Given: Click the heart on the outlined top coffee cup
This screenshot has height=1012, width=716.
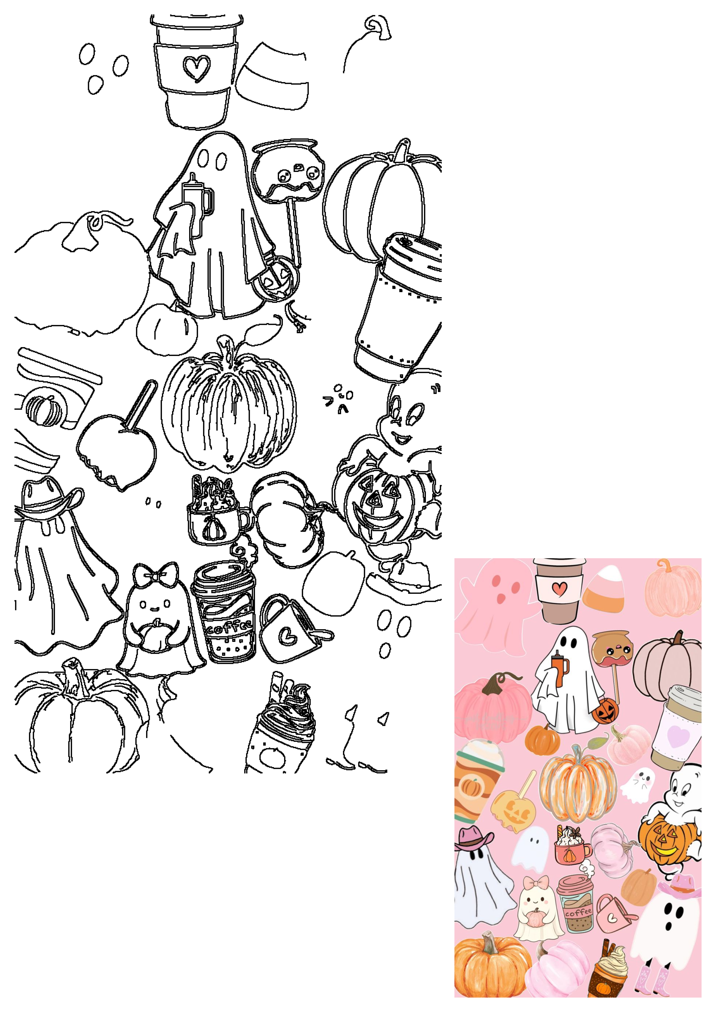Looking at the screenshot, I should (x=196, y=68).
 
